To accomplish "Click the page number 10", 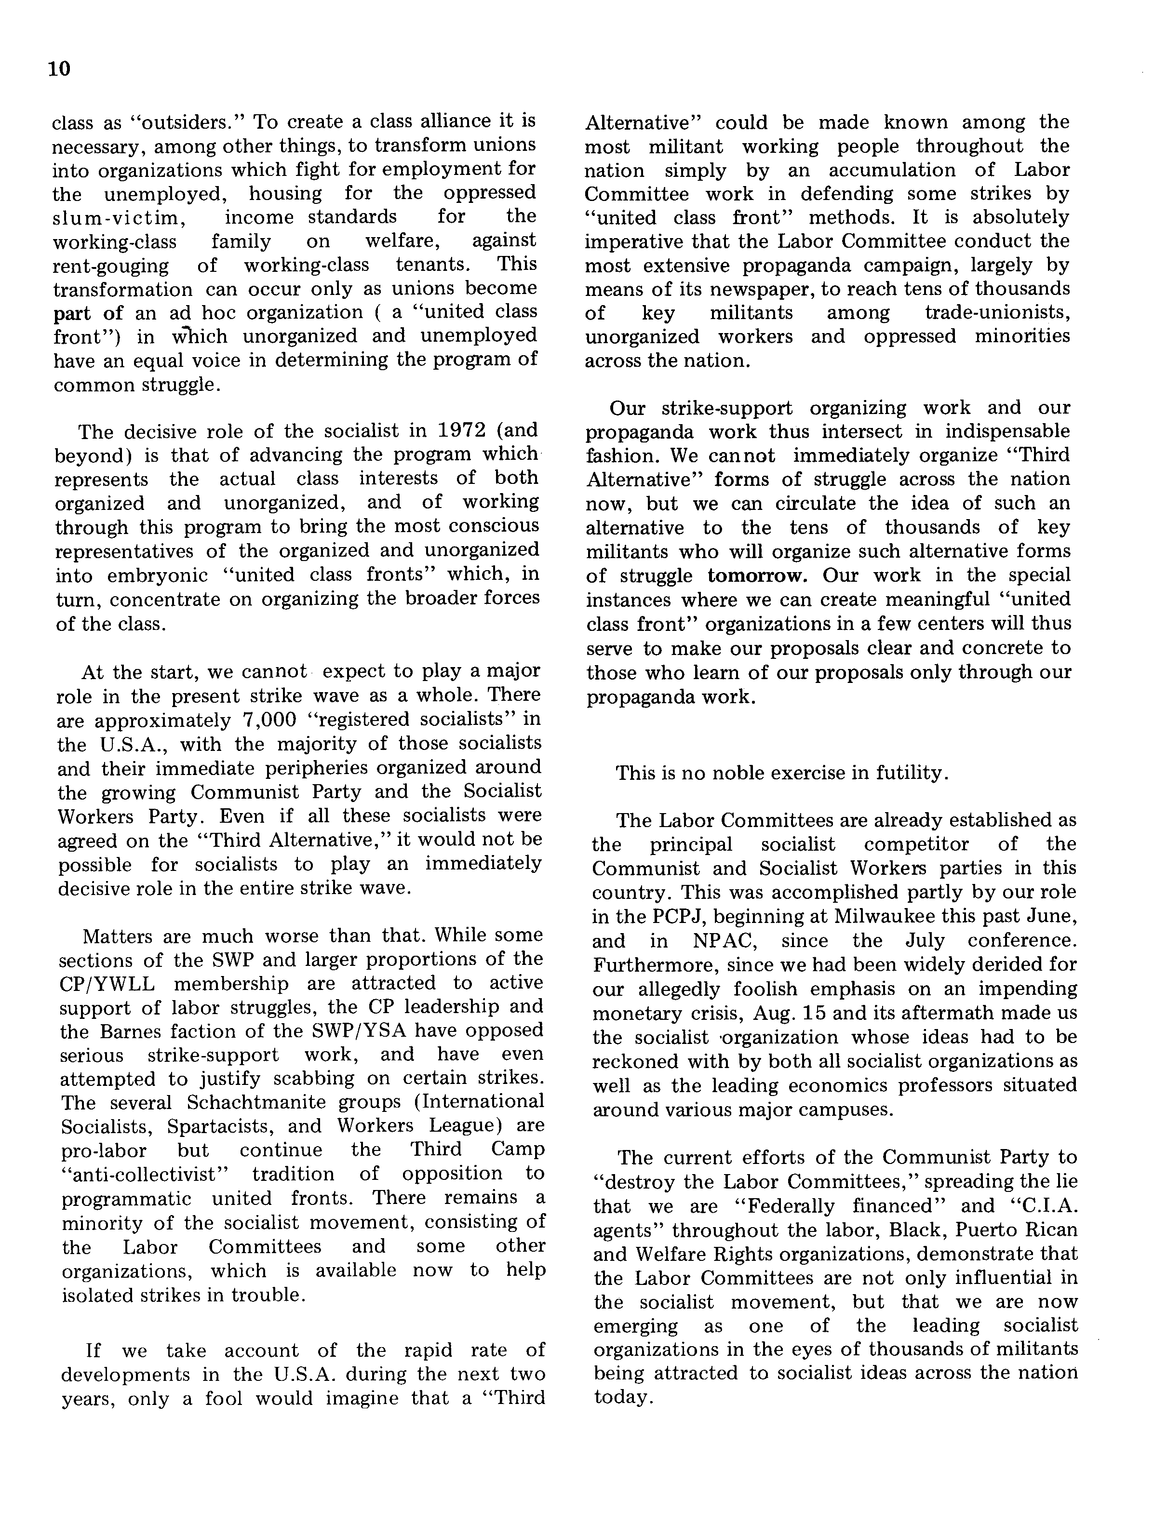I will point(60,69).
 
